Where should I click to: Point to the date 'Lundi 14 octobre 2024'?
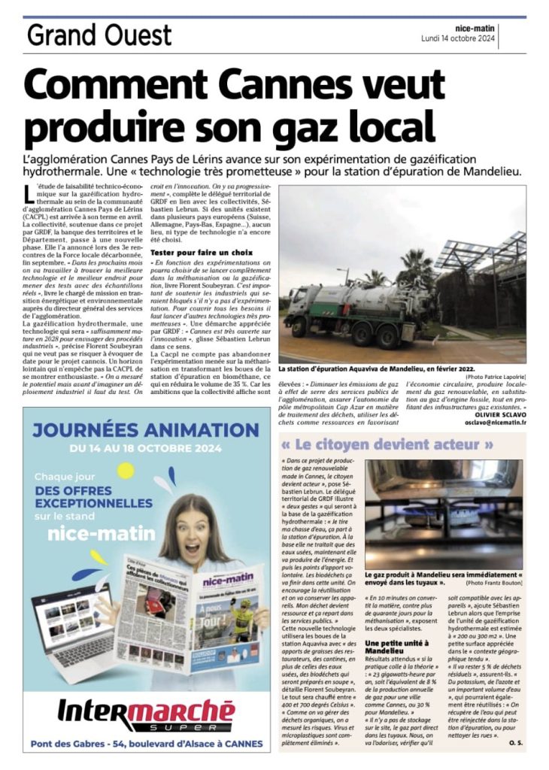coord(457,38)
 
